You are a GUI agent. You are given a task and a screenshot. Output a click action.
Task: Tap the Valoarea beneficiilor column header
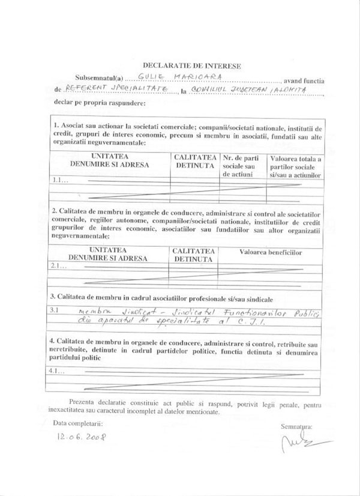[272, 252]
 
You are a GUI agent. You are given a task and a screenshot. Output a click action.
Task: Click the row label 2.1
[59, 266]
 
